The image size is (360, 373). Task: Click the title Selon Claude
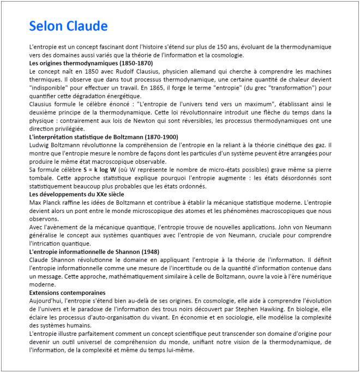click(68, 26)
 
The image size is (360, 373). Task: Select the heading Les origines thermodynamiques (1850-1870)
click(91, 63)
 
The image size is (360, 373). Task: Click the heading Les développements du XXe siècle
click(76, 194)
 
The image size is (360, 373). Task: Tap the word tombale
click(41, 178)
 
